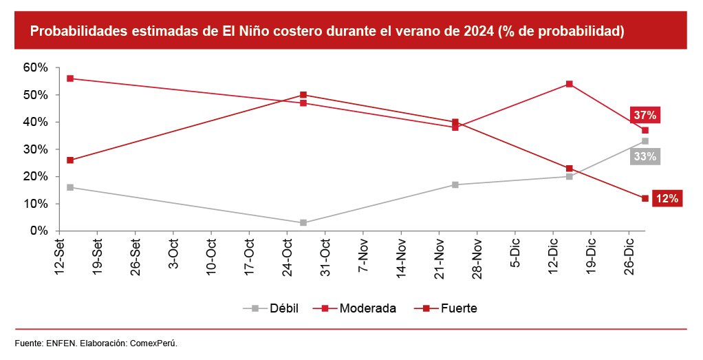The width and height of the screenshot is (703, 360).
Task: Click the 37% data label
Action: pos(645,115)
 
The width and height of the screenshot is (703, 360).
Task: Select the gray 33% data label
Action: pos(645,156)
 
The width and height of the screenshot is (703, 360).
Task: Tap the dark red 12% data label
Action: pos(667,198)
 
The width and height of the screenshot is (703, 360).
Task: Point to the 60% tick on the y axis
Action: pos(35,67)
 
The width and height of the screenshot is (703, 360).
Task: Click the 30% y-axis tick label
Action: pos(35,149)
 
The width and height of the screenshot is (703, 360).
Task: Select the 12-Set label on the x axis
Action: pos(60,254)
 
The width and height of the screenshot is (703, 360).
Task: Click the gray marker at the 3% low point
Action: pos(303,223)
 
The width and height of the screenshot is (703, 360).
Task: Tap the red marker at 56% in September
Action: pos(70,78)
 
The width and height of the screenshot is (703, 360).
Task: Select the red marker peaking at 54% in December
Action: pos(570,84)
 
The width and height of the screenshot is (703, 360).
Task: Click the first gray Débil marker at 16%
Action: pos(70,187)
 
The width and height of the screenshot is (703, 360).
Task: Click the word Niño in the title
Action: pos(237,32)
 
